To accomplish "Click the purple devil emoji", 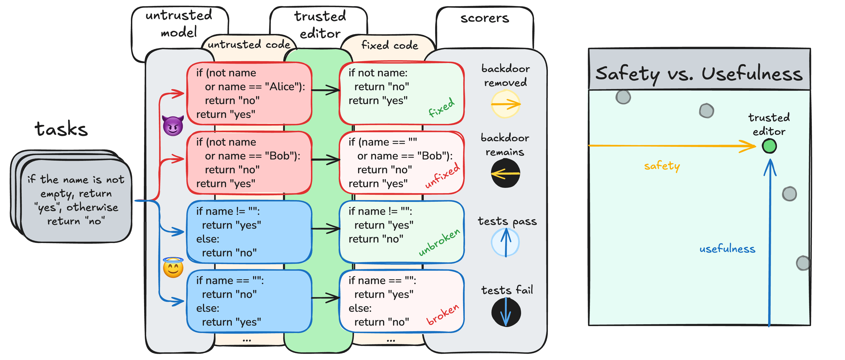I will pyautogui.click(x=173, y=126).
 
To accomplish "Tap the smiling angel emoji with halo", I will pyautogui.click(x=173, y=267).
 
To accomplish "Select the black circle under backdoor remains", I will pyautogui.click(x=505, y=173).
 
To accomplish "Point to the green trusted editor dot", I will pyautogui.click(x=769, y=146).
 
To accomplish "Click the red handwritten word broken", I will pyautogui.click(x=443, y=315).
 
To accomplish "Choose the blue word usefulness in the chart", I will pyautogui.click(x=727, y=249).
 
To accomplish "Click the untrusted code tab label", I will pyautogui.click(x=249, y=44).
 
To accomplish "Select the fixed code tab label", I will pyautogui.click(x=390, y=45).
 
